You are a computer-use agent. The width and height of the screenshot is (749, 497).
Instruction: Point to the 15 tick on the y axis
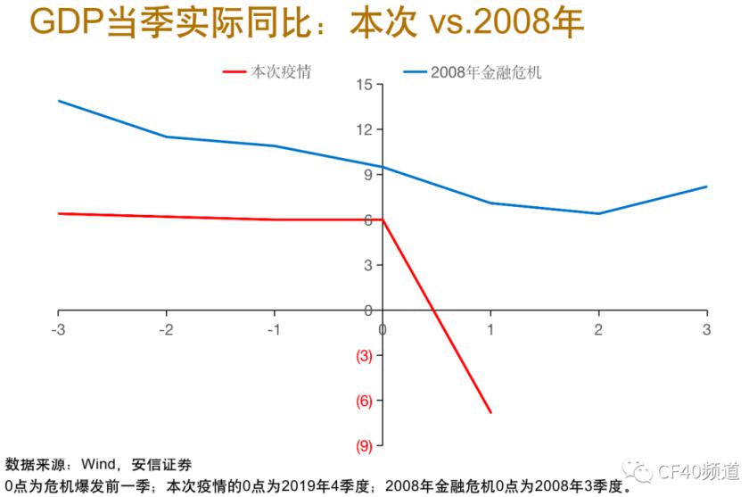click(x=363, y=85)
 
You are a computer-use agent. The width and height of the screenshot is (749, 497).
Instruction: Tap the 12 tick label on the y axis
click(x=363, y=130)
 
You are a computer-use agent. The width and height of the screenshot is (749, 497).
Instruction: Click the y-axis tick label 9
click(x=366, y=175)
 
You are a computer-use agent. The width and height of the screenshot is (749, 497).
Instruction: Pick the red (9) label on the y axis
click(x=364, y=445)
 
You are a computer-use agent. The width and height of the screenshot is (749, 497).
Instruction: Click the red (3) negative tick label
click(x=364, y=355)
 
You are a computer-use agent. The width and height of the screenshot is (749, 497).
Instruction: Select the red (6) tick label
click(x=364, y=401)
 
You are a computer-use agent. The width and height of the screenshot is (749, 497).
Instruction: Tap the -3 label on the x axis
click(x=58, y=328)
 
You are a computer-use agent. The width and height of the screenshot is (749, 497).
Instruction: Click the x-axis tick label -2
click(x=166, y=328)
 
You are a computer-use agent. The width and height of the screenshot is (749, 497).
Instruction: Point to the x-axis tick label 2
click(x=598, y=328)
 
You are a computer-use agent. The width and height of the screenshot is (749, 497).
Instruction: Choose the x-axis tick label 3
click(x=706, y=328)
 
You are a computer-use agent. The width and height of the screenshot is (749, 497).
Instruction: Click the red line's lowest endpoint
click(x=490, y=412)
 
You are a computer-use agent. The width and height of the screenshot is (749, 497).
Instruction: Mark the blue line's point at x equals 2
click(x=598, y=213)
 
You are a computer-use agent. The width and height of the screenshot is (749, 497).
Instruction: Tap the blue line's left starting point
click(x=59, y=101)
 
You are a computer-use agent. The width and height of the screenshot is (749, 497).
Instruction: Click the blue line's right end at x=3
click(x=706, y=186)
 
